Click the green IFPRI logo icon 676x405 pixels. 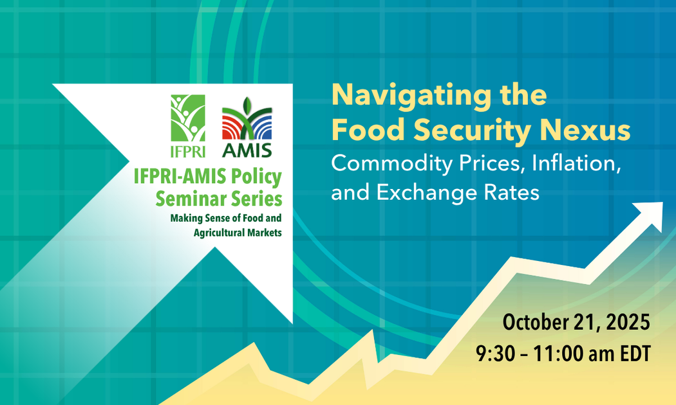tap(188, 118)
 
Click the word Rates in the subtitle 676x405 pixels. tap(507, 192)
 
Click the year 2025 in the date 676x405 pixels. tap(628, 321)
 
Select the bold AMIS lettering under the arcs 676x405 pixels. tap(247, 151)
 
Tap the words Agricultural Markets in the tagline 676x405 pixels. tap(238, 232)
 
